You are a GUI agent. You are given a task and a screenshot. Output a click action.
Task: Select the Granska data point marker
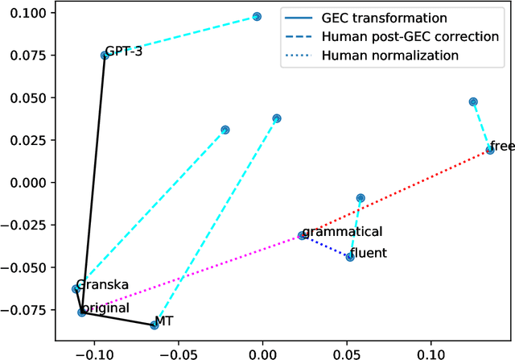pos(76,288)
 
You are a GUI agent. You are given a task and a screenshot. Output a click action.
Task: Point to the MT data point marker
pos(154,325)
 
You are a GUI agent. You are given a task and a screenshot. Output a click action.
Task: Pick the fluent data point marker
pos(350,257)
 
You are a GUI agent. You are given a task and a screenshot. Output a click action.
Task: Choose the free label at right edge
pos(502,146)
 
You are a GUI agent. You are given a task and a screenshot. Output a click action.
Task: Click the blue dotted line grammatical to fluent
pos(326,246)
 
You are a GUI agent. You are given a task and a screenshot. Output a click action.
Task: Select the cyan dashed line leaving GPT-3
pos(181,35)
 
